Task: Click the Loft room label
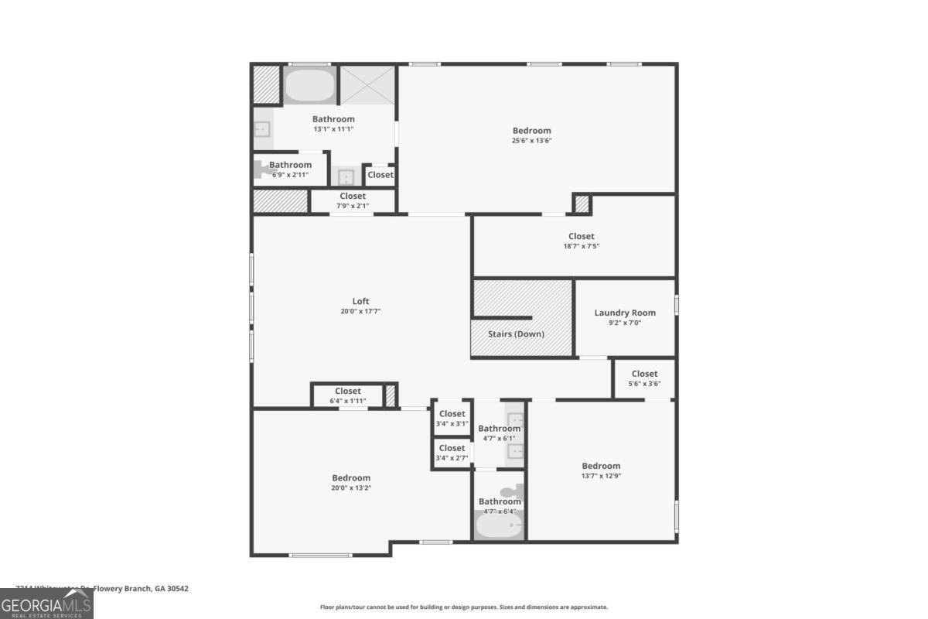tap(361, 302)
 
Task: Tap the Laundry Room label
tap(625, 313)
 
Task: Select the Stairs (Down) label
tap(516, 334)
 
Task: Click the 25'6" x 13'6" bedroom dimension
tap(532, 141)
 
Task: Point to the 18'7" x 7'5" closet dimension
tap(581, 246)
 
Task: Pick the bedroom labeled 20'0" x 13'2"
tap(351, 482)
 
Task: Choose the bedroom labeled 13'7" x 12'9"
tap(601, 470)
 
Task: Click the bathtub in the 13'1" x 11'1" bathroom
tap(309, 86)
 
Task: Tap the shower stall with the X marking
tap(367, 84)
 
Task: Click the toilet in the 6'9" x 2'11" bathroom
tap(261, 169)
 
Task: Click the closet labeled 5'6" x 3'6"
tap(644, 378)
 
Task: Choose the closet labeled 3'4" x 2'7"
tap(452, 453)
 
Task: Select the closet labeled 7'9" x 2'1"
tap(353, 200)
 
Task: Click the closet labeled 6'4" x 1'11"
tap(348, 395)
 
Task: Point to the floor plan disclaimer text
tap(464, 607)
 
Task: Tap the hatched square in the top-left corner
tap(266, 84)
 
